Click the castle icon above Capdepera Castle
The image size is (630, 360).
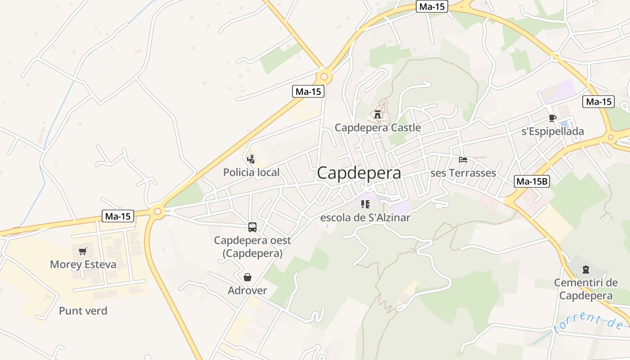(378, 114)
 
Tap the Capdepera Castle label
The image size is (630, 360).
(378, 128)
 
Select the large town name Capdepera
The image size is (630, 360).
(359, 173)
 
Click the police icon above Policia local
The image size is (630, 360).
(251, 159)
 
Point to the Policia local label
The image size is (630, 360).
(251, 172)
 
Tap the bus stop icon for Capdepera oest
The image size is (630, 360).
(252, 227)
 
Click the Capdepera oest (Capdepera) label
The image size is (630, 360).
(252, 247)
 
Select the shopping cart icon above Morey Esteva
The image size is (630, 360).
(82, 252)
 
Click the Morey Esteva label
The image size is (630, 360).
(83, 265)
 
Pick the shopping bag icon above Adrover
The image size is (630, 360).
(247, 277)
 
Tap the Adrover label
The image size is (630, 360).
(247, 291)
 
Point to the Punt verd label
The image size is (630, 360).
(83, 311)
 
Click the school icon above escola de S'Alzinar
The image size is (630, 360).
(365, 204)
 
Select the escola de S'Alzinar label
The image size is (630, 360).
(365, 218)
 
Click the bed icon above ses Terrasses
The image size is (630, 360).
(463, 159)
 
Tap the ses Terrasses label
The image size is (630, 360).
(463, 173)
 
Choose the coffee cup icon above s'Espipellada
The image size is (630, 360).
(553, 118)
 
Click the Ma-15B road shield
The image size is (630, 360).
(532, 182)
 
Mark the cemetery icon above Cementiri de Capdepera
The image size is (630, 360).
(585, 270)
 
